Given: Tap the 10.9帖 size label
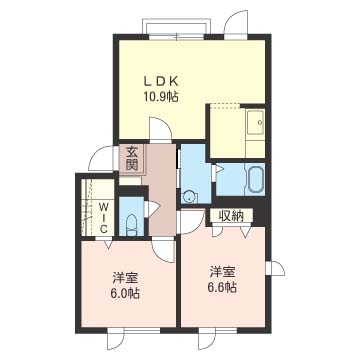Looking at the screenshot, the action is [160, 97].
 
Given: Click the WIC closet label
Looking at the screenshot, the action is [104, 218].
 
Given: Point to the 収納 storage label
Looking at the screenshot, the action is [231, 216].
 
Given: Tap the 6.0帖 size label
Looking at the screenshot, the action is [125, 293].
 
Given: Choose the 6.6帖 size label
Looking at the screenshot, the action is [222, 287].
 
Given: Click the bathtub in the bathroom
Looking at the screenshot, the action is [256, 180].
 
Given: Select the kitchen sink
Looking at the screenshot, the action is [255, 122].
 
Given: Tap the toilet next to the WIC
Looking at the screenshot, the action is [132, 225].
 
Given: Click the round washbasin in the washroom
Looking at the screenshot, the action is [190, 197].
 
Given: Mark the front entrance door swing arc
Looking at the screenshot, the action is [100, 159].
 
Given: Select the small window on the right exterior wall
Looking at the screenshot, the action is [275, 268].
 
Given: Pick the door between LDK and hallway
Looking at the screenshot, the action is [160, 130].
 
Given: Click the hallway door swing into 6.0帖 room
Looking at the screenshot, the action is [163, 251].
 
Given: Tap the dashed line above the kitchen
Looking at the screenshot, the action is [225, 104].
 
